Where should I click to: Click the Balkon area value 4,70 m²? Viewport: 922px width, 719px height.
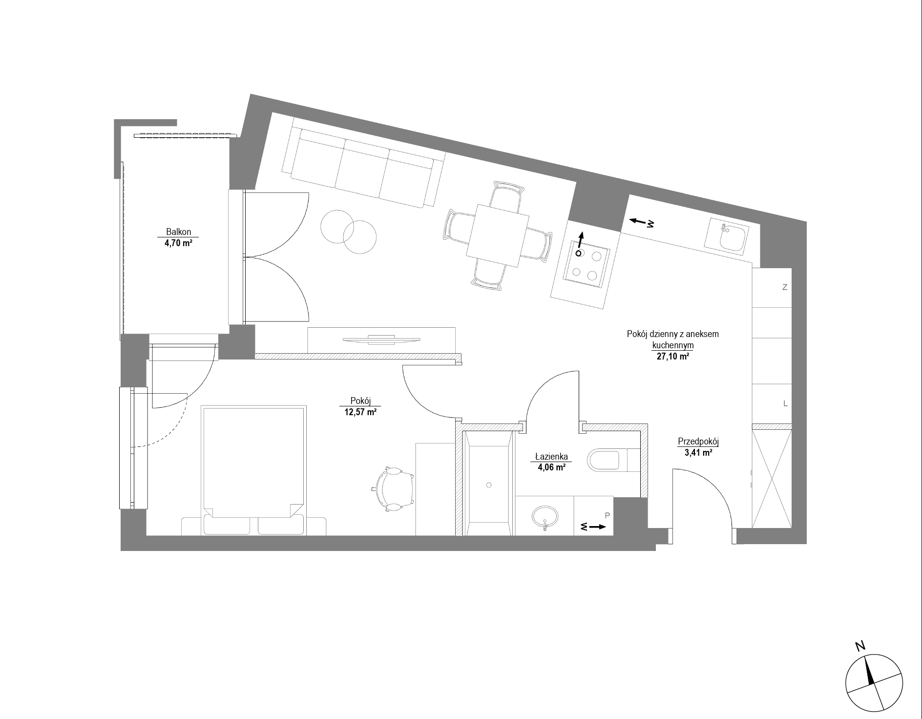pos(178,243)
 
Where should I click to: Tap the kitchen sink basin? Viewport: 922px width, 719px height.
pos(726,238)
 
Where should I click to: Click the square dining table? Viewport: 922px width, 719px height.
pos(498,236)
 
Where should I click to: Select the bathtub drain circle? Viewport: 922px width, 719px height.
pos(489,485)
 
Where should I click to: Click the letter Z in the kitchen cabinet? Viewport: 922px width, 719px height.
pos(785,288)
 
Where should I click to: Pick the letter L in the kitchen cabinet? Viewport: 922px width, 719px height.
pos(785,403)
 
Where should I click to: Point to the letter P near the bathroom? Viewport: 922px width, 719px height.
pos(607,515)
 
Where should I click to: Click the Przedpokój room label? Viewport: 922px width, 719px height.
pos(698,442)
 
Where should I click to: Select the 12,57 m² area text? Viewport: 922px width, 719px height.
pos(360,412)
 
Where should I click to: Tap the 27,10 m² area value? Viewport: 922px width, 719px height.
pos(673,357)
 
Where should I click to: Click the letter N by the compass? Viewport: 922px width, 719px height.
pos(860,647)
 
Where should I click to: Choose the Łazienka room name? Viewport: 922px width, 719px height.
pos(551,457)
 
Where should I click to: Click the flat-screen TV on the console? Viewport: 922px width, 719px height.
pos(381,339)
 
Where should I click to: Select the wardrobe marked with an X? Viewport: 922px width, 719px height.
pos(772,477)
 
